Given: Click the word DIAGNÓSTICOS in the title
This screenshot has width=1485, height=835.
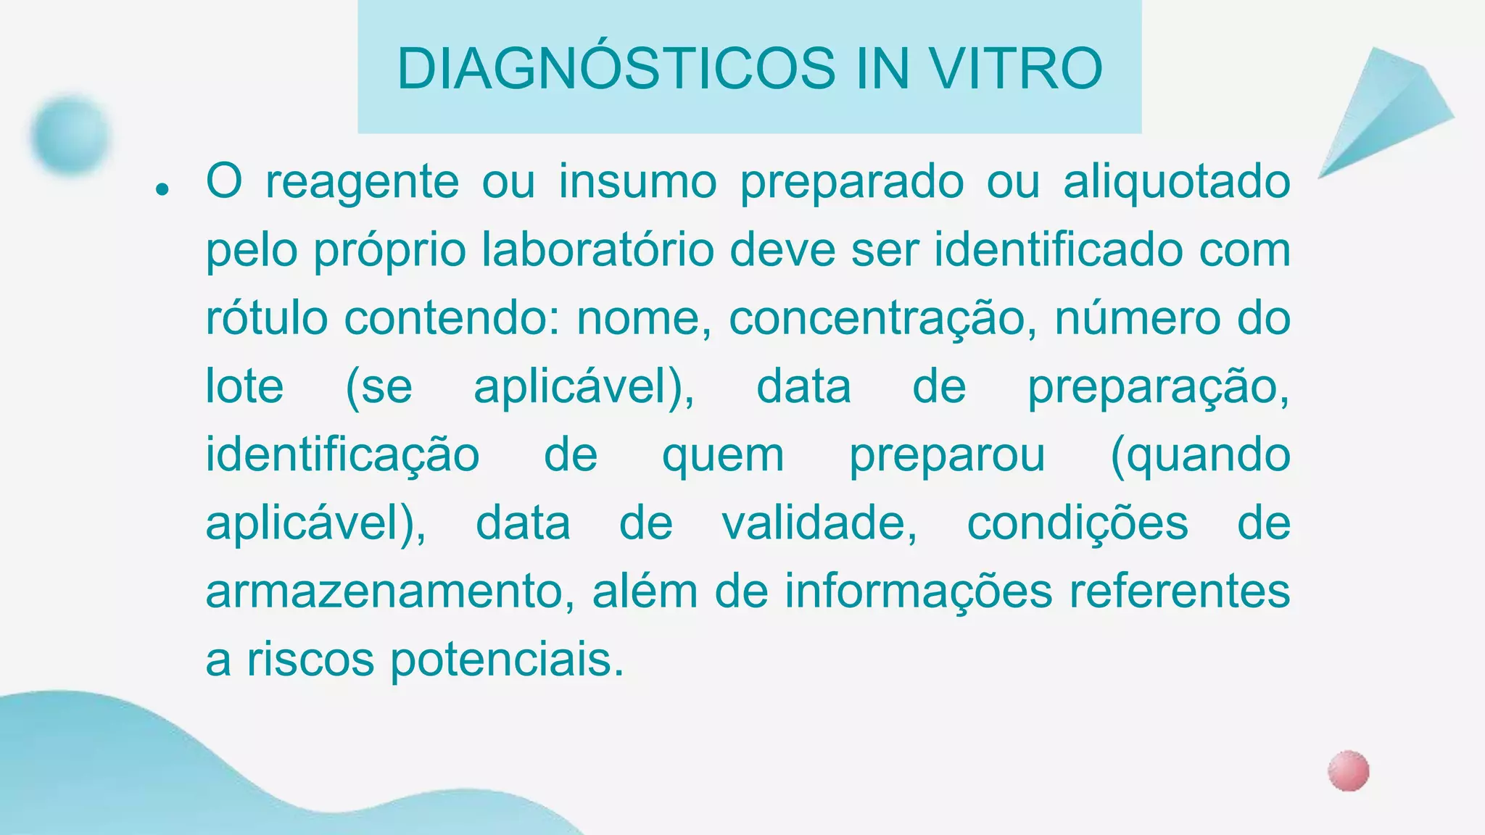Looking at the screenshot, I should pos(616,69).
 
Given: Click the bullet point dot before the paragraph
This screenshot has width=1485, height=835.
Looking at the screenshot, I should pos(162,190).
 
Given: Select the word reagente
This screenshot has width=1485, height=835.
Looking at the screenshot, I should pos(362,181).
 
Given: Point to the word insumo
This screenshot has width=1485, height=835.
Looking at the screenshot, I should pos(637,181).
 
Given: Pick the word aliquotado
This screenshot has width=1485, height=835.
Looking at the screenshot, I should pos(1176,181).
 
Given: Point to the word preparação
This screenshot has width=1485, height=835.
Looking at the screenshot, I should pos(1158,387).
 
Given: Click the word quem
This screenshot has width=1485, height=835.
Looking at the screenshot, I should pos(723,455).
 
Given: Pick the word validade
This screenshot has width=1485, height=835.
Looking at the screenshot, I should pos(819,523).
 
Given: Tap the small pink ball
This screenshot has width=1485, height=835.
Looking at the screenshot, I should pos(1348,770).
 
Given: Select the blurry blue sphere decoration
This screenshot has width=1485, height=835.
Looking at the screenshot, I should pos(70,135).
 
